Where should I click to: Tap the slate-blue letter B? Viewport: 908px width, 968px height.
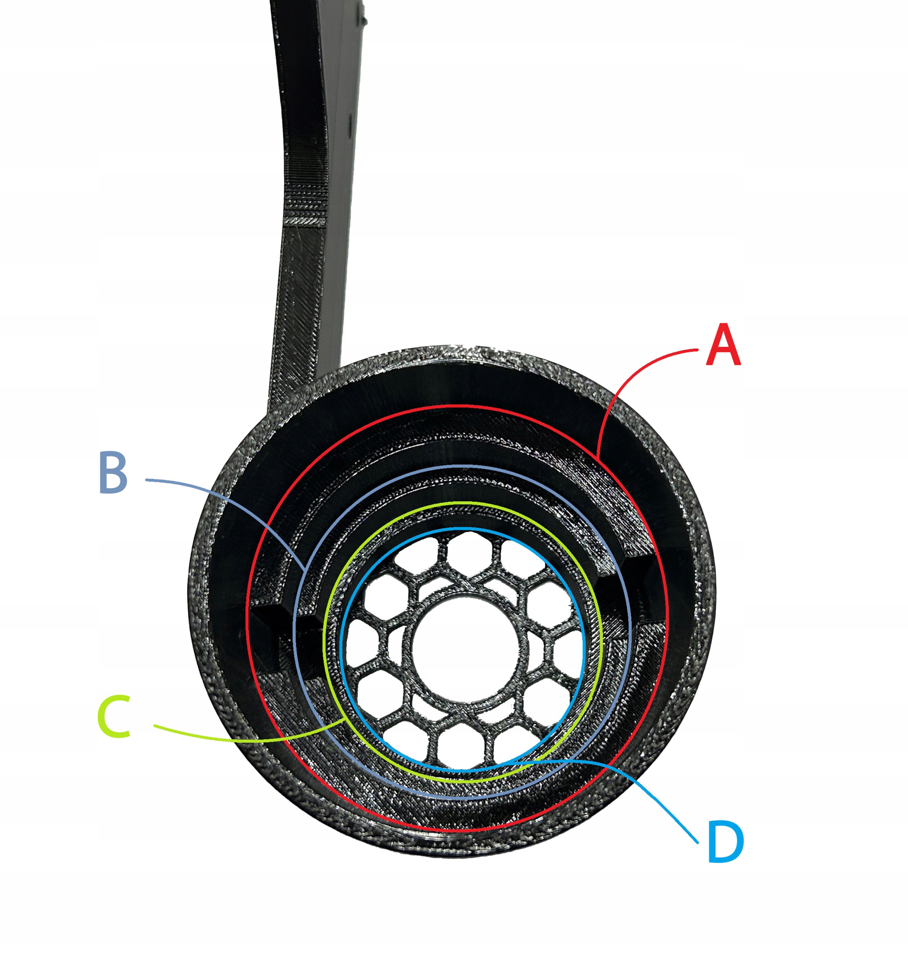[113, 473]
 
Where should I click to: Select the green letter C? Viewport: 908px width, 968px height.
[115, 716]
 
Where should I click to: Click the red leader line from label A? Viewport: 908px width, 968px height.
[628, 385]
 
